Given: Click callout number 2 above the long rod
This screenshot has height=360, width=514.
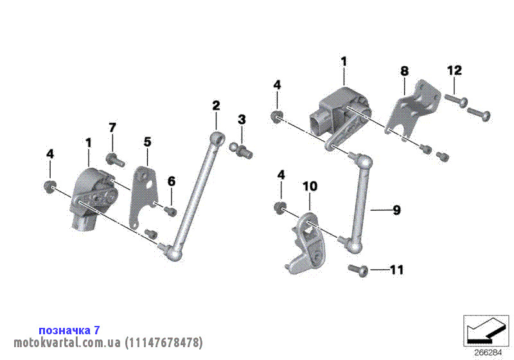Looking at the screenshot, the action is click(216, 105).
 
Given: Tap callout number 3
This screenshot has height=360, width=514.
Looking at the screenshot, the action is click(242, 120).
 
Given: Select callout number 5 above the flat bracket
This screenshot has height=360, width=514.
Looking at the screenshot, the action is click(148, 142).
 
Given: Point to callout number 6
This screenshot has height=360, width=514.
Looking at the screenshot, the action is click(172, 181).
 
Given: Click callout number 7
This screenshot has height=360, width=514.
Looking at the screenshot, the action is click(112, 127).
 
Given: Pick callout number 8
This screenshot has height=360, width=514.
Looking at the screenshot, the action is click(405, 71).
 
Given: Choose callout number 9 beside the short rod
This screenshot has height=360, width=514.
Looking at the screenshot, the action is click(396, 210).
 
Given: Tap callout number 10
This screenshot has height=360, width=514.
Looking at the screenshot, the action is click(310, 186).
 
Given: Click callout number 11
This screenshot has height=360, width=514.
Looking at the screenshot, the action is click(396, 270).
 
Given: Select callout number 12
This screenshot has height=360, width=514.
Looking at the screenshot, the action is click(454, 70).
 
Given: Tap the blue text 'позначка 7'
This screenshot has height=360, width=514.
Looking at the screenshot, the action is click(69, 330).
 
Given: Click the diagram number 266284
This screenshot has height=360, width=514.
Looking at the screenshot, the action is click(488, 353).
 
